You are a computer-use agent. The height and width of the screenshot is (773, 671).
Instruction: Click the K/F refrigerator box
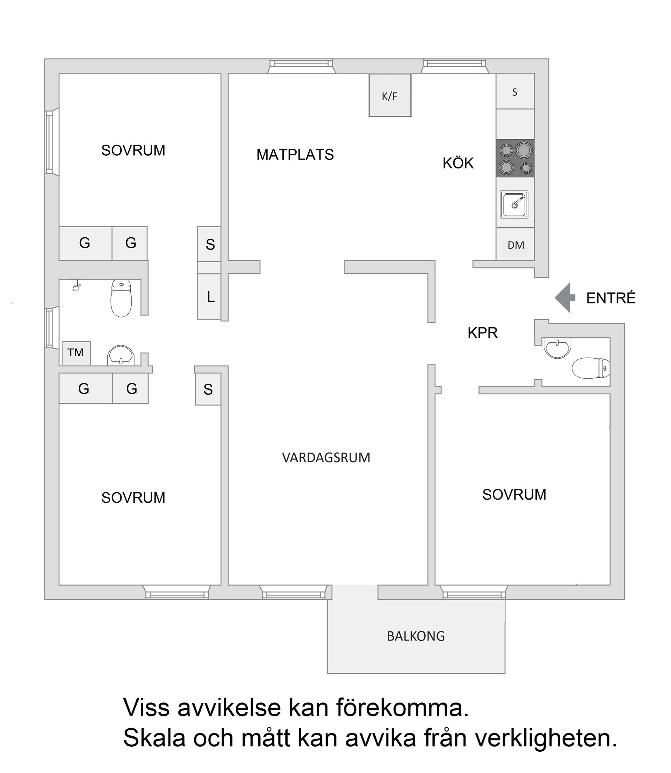click(x=390, y=95)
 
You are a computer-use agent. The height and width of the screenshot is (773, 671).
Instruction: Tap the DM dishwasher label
click(x=515, y=245)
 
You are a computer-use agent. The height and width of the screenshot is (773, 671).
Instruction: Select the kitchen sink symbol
click(x=514, y=205)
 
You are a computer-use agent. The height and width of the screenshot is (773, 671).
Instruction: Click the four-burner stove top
click(x=515, y=158)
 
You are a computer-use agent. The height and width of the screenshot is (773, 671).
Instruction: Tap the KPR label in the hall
click(x=483, y=333)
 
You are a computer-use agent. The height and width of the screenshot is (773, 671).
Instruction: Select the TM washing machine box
click(x=77, y=353)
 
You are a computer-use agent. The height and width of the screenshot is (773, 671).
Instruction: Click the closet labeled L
click(x=210, y=296)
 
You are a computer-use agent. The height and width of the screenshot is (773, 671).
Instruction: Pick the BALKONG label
click(x=416, y=636)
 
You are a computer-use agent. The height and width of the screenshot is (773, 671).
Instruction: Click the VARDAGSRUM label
click(x=326, y=458)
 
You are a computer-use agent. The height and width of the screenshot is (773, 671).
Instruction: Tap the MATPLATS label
click(x=295, y=155)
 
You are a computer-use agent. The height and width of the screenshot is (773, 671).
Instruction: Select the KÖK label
click(x=458, y=163)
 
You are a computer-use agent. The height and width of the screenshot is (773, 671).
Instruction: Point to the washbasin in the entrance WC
click(x=557, y=347)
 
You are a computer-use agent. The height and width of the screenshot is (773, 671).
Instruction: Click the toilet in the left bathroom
click(x=121, y=299)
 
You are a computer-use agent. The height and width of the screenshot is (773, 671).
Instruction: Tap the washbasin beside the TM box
click(x=121, y=355)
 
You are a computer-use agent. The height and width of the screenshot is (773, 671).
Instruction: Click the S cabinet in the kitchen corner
click(x=515, y=92)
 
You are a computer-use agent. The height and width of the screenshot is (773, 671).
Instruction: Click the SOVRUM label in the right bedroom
click(x=514, y=495)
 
